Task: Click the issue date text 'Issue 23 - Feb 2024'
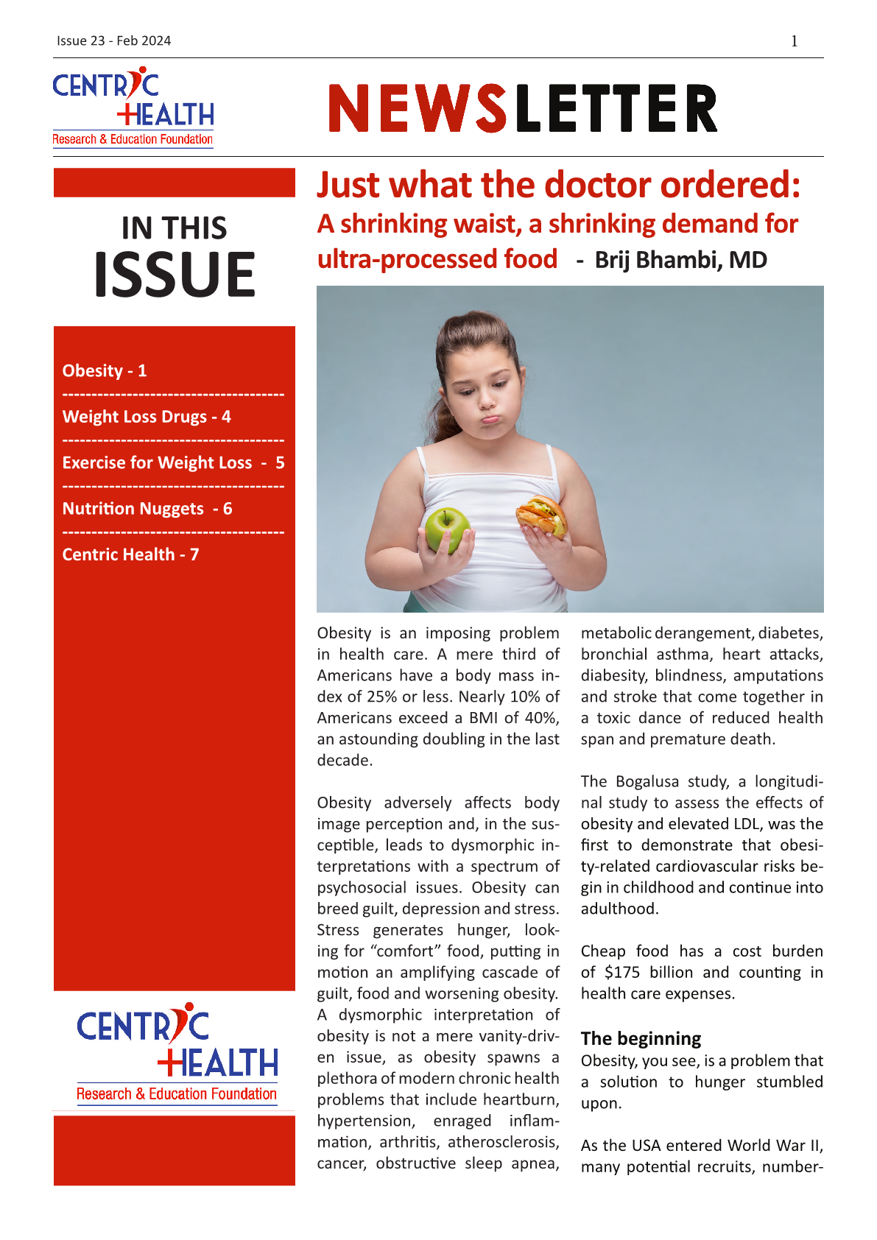(113, 40)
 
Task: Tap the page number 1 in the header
(795, 41)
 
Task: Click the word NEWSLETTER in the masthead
(523, 109)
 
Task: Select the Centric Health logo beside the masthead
(133, 108)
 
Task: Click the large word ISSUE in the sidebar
(175, 275)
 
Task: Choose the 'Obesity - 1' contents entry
(105, 370)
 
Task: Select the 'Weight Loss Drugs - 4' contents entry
(147, 417)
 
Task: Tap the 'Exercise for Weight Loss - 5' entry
(173, 462)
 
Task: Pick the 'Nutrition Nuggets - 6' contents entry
(147, 509)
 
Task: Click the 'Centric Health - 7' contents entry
(130, 554)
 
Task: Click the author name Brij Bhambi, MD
(680, 260)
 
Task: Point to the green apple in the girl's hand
(447, 528)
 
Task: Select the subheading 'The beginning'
(641, 1038)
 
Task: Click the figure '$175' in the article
(621, 972)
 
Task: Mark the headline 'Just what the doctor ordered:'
(558, 185)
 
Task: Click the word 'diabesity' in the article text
(613, 675)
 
